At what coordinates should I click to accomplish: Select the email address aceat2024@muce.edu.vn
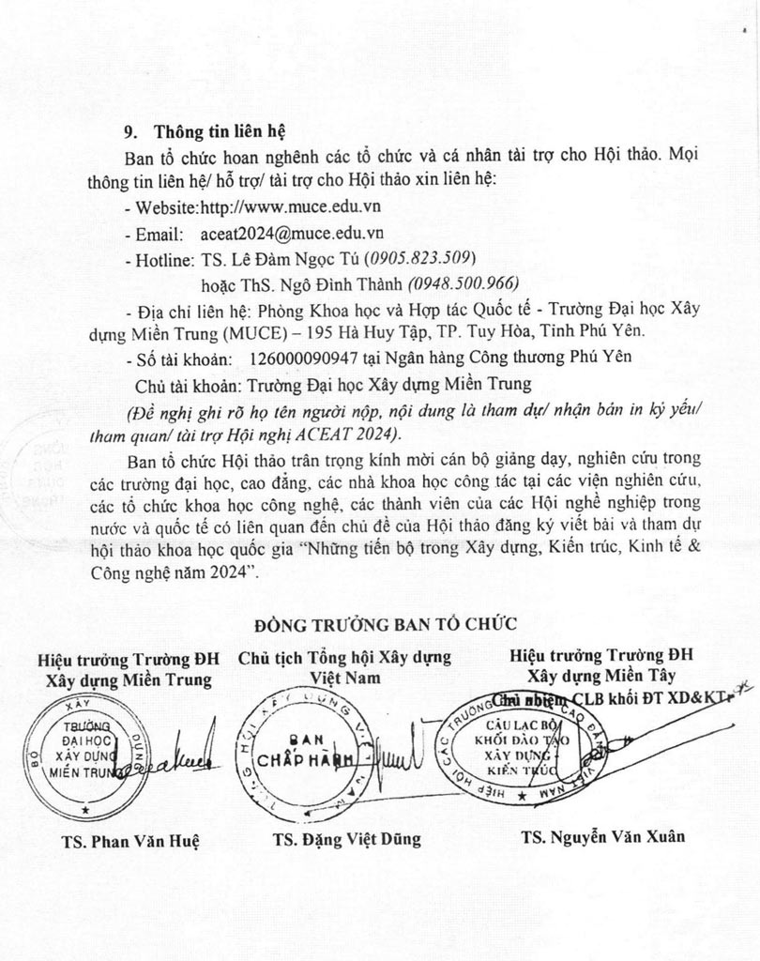click(x=293, y=232)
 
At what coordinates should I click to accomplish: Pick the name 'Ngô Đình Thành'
click(x=348, y=282)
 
